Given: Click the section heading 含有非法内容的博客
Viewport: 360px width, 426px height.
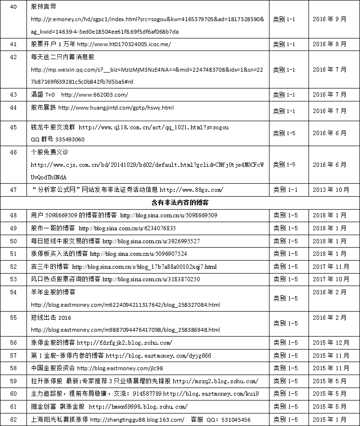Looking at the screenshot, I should (x=180, y=202).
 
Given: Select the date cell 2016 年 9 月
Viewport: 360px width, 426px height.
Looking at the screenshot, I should (x=329, y=19).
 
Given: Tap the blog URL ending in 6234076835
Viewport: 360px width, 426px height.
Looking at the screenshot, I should (x=127, y=228).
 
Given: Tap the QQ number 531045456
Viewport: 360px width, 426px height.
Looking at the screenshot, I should (x=235, y=420).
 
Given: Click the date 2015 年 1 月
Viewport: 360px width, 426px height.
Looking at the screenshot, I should (x=329, y=420).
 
